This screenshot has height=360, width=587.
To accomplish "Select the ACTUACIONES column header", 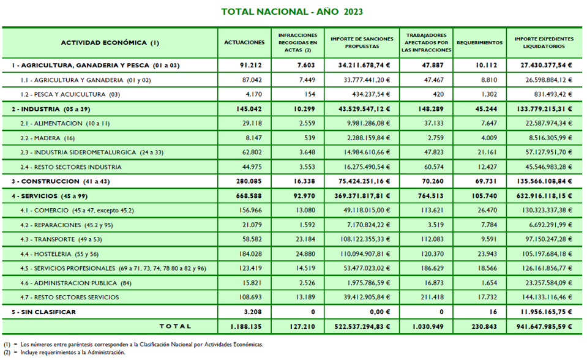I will pyautogui.click(x=244, y=43).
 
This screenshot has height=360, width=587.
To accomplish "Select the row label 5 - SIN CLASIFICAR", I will pyautogui.click(x=43, y=312).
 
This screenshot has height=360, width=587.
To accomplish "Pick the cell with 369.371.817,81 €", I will pyautogui.click(x=361, y=196).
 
